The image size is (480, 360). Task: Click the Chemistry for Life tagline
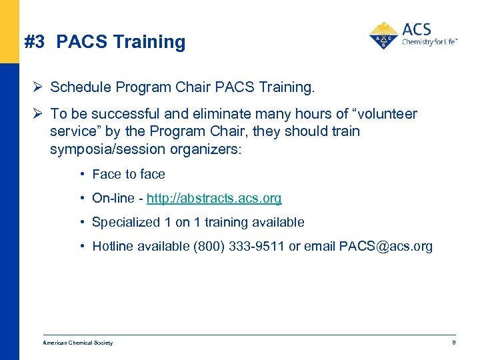click(x=429, y=41)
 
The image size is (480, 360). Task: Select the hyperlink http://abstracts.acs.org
click(x=214, y=198)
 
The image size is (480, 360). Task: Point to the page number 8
click(x=453, y=343)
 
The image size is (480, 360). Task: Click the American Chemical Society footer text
click(x=78, y=343)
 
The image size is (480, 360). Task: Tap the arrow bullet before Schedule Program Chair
click(x=39, y=87)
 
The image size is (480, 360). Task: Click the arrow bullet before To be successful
click(x=39, y=114)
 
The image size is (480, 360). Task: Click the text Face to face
click(x=129, y=174)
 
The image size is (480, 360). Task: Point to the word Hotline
click(x=113, y=246)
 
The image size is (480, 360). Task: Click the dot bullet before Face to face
click(x=81, y=174)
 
